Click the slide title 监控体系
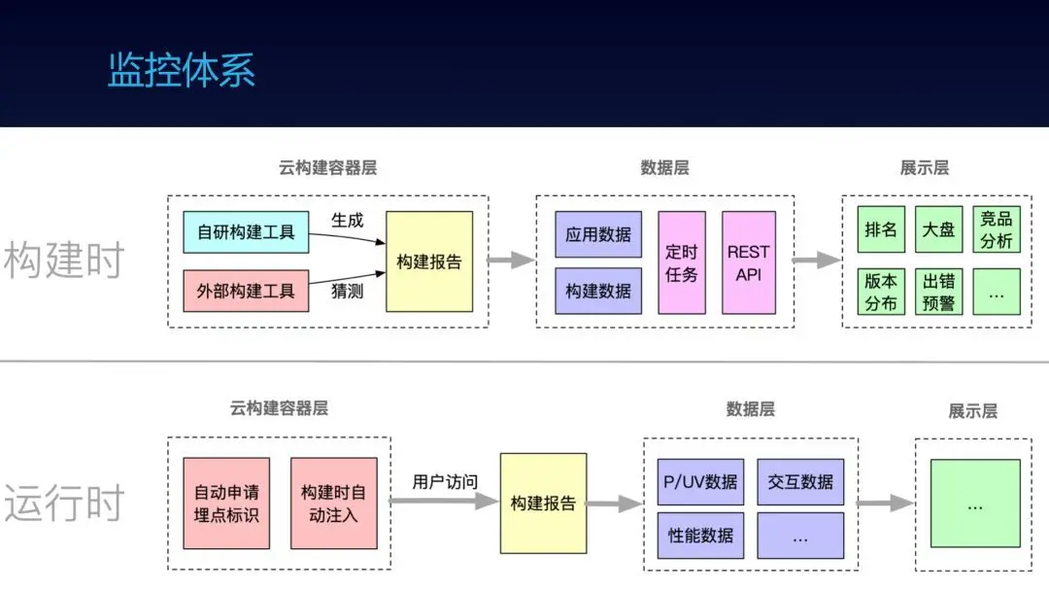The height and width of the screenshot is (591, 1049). pyautogui.click(x=182, y=70)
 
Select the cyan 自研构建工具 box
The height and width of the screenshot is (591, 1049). pyautogui.click(x=246, y=232)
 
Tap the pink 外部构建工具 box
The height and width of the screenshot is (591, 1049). pyautogui.click(x=246, y=292)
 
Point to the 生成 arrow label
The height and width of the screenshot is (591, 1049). pyautogui.click(x=347, y=221)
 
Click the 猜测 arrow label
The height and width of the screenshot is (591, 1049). pyautogui.click(x=347, y=292)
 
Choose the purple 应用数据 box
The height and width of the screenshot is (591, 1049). pyautogui.click(x=598, y=234)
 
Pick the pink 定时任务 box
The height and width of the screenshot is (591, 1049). pyautogui.click(x=682, y=263)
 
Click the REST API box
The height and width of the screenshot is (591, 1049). pyautogui.click(x=749, y=263)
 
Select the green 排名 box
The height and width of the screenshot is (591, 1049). pyautogui.click(x=881, y=229)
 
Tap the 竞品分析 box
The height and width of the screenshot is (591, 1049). pyautogui.click(x=997, y=229)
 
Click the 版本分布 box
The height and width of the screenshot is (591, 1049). pyautogui.click(x=881, y=292)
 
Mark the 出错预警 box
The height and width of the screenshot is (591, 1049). pyautogui.click(x=938, y=292)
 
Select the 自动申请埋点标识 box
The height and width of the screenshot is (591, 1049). pyautogui.click(x=226, y=504)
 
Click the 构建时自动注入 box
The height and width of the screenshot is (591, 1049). pyautogui.click(x=334, y=504)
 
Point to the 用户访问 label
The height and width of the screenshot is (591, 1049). pyautogui.click(x=445, y=482)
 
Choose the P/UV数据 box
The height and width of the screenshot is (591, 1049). pyautogui.click(x=700, y=482)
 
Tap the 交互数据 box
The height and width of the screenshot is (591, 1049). pyautogui.click(x=800, y=482)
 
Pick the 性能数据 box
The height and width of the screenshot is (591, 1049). pyautogui.click(x=700, y=536)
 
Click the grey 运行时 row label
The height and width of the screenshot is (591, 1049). pyautogui.click(x=64, y=503)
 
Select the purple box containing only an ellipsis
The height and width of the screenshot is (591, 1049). pyautogui.click(x=800, y=536)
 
